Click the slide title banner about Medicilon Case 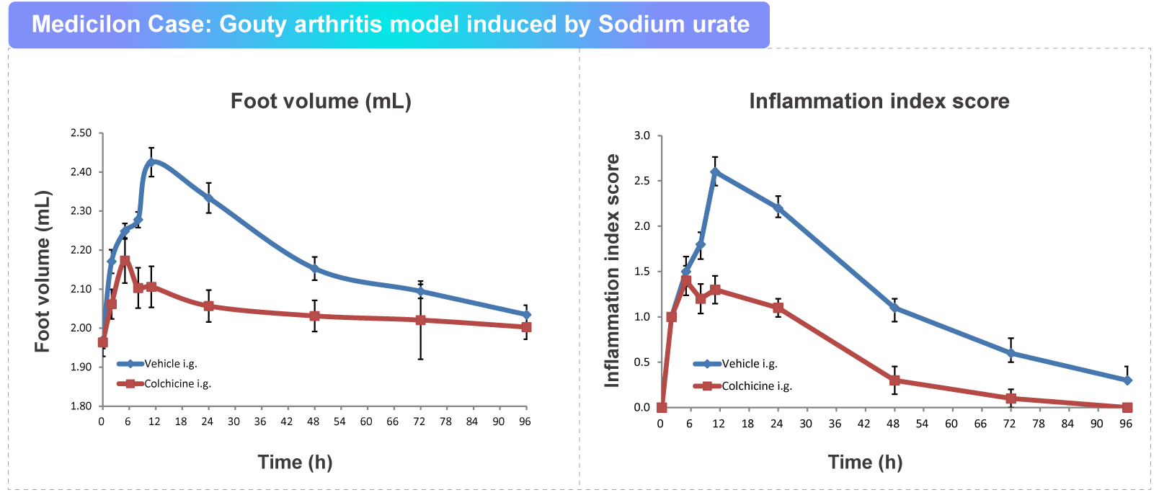pyautogui.click(x=389, y=24)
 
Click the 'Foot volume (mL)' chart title pyautogui.click(x=321, y=101)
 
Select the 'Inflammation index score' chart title pyautogui.click(x=879, y=101)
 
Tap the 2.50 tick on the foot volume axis pyautogui.click(x=81, y=133)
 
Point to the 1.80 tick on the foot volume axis pyautogui.click(x=81, y=406)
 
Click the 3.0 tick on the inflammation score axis pyautogui.click(x=641, y=135)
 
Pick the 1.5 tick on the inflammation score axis pyautogui.click(x=641, y=272)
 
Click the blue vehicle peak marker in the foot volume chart pyautogui.click(x=151, y=162)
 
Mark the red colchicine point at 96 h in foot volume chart pyautogui.click(x=526, y=327)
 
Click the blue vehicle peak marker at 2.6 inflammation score pyautogui.click(x=715, y=172)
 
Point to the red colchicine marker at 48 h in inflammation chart pyautogui.click(x=894, y=380)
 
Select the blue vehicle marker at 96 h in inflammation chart pyautogui.click(x=1127, y=380)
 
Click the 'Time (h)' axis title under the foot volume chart pyautogui.click(x=295, y=462)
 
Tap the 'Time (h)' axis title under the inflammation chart pyautogui.click(x=865, y=462)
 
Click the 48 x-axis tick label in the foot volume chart pyautogui.click(x=313, y=422)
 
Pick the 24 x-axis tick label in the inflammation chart pyautogui.click(x=776, y=424)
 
